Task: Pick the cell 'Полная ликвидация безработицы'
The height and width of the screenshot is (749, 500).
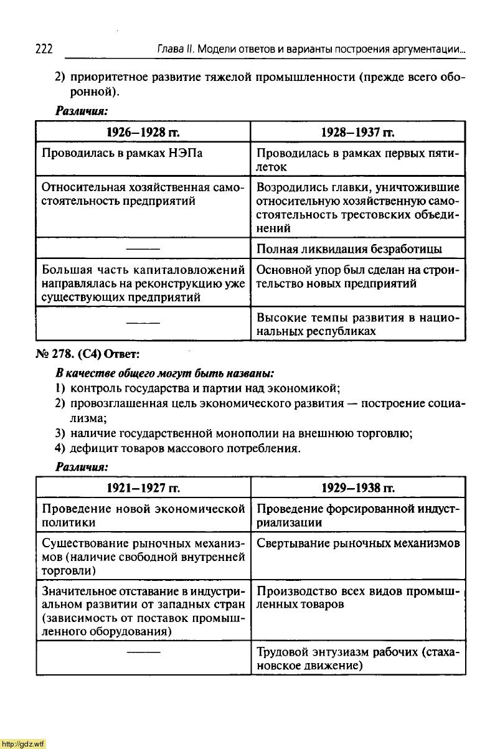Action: (349, 249)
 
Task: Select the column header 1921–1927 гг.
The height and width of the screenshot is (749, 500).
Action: (143, 486)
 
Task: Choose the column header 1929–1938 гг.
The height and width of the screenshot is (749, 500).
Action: (357, 486)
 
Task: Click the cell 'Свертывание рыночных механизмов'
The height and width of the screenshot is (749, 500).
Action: (358, 544)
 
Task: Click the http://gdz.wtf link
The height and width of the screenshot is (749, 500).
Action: (23, 743)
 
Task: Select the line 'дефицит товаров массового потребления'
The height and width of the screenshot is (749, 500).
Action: (186, 448)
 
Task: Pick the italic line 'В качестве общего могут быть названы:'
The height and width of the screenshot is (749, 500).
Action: (165, 374)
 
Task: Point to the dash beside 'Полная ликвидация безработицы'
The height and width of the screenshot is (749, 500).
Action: (143, 249)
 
